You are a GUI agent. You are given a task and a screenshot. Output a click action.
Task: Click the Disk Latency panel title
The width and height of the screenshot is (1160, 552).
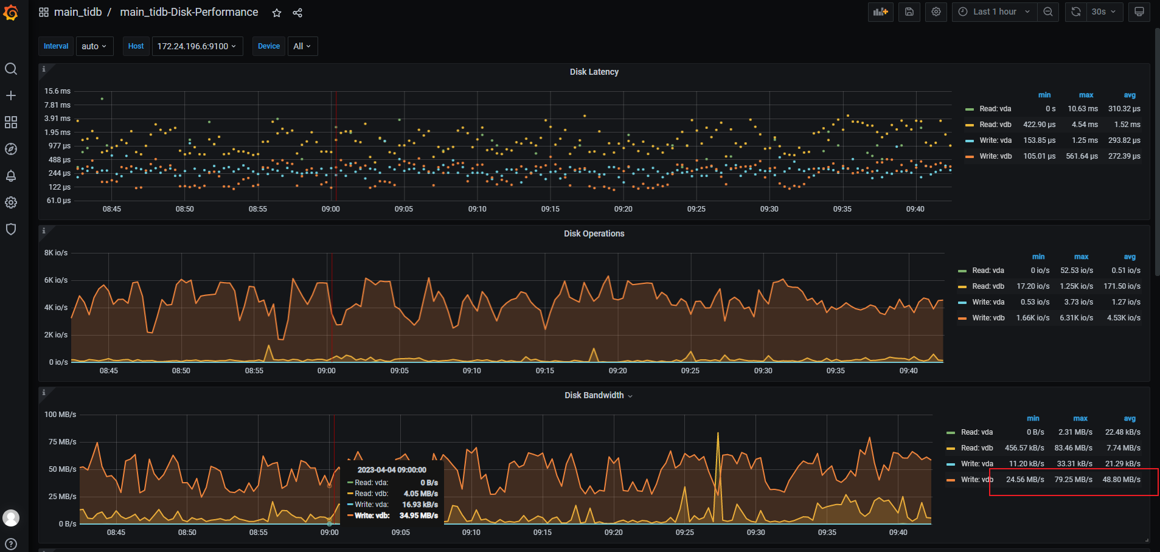[x=594, y=72]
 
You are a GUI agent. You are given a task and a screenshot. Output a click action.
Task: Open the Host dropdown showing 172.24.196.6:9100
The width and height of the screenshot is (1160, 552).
[x=197, y=46]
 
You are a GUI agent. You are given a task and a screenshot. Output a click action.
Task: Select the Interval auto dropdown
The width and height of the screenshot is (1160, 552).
[x=94, y=46]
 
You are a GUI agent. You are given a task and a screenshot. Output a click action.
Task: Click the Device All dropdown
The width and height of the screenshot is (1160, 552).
[x=302, y=46]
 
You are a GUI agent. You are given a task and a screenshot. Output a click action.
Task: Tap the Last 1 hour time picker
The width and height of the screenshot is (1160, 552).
[x=994, y=12]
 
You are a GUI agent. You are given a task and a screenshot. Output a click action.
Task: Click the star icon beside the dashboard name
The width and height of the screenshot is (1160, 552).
[x=277, y=13]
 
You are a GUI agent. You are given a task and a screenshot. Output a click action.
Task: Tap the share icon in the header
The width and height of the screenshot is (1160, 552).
[x=297, y=13]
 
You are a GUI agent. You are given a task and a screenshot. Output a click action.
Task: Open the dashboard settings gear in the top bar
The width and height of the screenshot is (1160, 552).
[x=936, y=12]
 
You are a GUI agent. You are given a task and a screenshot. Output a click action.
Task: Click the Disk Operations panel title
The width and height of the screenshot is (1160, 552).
[x=594, y=233]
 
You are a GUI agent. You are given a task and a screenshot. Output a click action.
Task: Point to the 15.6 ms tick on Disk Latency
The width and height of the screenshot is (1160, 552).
[x=57, y=91]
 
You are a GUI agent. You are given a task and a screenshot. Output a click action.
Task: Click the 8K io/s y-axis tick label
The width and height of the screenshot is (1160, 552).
[x=56, y=253]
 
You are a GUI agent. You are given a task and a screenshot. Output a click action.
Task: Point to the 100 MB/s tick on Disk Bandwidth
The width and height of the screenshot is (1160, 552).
[x=60, y=415]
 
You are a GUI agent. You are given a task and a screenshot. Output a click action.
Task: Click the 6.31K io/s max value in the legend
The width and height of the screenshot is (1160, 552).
[x=1076, y=318]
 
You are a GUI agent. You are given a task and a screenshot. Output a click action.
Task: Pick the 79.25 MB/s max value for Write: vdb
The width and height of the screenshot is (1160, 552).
[x=1073, y=480]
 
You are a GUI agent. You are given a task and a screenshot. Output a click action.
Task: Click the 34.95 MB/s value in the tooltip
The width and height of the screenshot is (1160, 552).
[x=419, y=516]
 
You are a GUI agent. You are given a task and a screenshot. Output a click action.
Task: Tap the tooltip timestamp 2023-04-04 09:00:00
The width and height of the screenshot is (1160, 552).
[x=392, y=470]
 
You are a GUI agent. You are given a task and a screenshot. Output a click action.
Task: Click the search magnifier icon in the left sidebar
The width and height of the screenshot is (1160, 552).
[x=11, y=69]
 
